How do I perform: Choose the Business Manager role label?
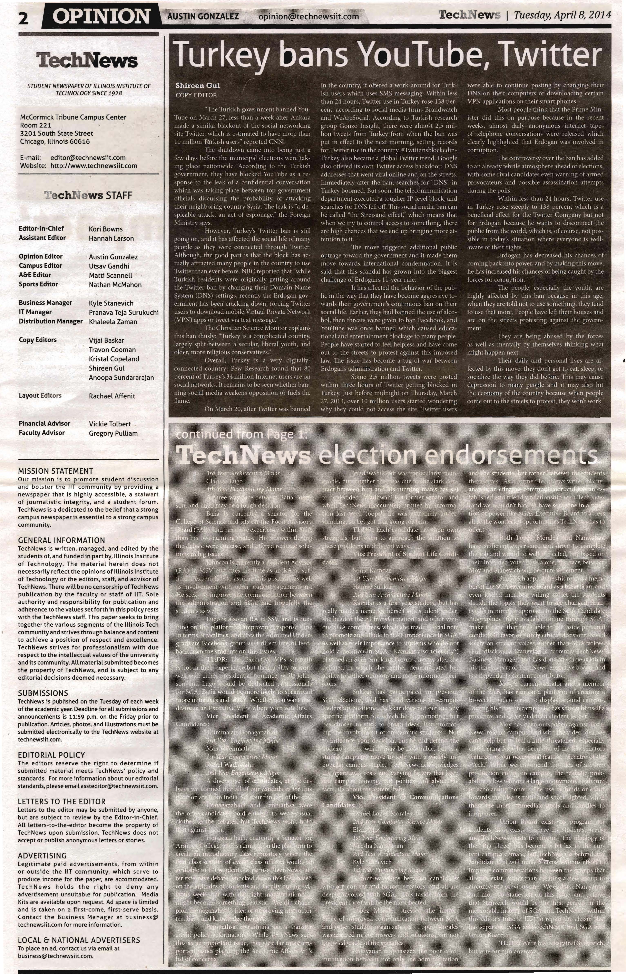pos(46,303)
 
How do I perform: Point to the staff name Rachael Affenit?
pos(112,396)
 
